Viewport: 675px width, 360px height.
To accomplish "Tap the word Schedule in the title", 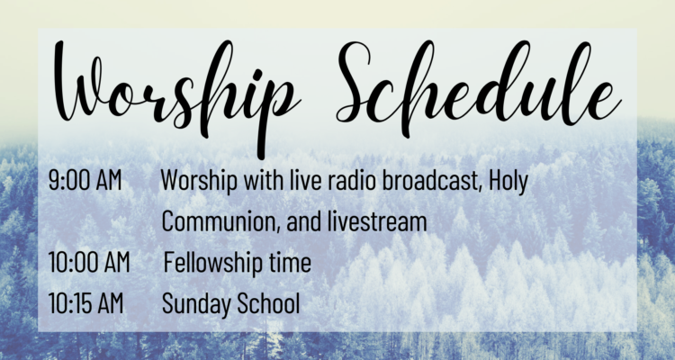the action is pos(479,88).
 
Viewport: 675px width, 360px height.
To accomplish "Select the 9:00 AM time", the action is pos(85,180).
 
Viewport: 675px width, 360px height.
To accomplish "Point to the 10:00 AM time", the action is pos(89,262).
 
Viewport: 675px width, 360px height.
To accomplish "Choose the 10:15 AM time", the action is pos(85,303).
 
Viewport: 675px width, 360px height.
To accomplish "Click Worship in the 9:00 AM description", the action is pos(199,181).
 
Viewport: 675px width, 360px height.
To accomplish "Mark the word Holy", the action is pos(508,181).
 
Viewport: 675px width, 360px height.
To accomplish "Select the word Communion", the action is pos(221,221).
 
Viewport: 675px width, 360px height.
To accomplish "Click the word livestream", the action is pos(377,221).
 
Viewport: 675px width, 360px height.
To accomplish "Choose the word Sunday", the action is pos(196,304).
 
